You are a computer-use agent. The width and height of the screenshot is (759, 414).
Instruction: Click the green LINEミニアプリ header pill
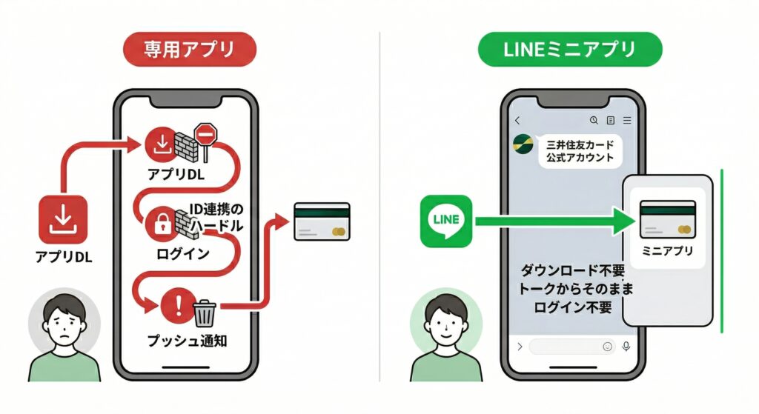[x=569, y=51]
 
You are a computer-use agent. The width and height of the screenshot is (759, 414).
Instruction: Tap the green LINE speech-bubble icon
[x=445, y=221]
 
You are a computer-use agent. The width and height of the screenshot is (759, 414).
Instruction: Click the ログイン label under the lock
[x=183, y=254]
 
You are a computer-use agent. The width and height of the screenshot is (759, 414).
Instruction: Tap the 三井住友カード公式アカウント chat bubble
[x=580, y=150]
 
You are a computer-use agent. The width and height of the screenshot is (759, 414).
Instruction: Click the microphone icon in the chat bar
[x=626, y=346]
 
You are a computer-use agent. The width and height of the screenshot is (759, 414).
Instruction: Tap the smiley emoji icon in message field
[x=608, y=346]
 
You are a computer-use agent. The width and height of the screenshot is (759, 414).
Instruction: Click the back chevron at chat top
[x=517, y=120]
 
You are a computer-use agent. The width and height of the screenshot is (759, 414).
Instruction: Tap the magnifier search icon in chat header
[x=593, y=120]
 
